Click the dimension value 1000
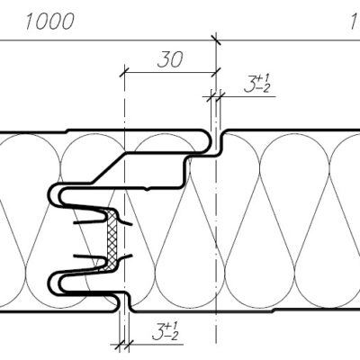(x=49, y=22)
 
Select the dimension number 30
(x=170, y=59)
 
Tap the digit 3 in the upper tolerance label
(x=249, y=84)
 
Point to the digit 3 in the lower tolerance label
(x=158, y=332)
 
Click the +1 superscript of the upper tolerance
(x=264, y=79)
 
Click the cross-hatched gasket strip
(x=112, y=240)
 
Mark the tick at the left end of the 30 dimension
(x=124, y=72)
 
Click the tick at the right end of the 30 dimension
(x=216, y=72)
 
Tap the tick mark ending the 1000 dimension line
(x=216, y=40)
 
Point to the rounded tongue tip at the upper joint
(x=208, y=141)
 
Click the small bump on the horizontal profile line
(x=147, y=189)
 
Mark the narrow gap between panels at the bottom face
(x=124, y=303)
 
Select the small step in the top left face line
(x=67, y=131)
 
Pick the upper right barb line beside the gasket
(x=125, y=222)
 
